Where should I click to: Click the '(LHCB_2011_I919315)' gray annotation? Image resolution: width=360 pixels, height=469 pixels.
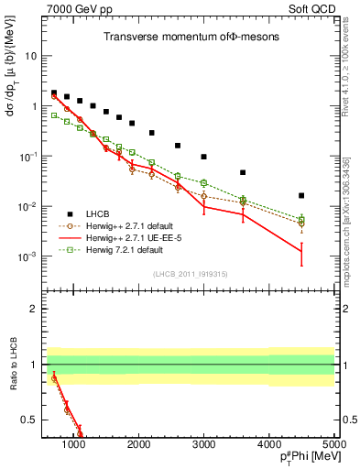click(191, 275)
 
